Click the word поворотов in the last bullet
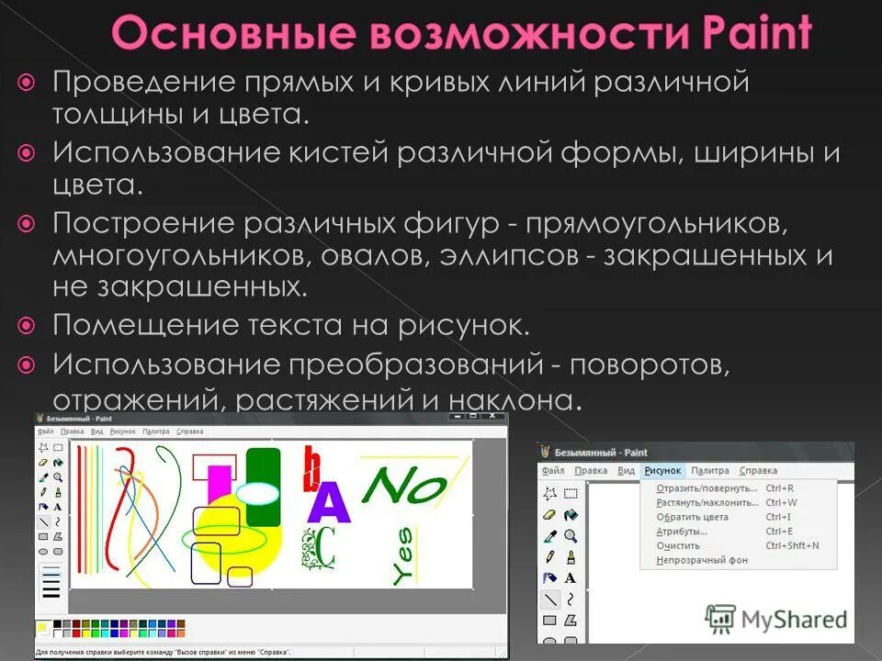coord(649,364)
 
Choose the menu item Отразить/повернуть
coord(707,488)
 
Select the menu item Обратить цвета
coord(692,517)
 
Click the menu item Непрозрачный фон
coord(701,560)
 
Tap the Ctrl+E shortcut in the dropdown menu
coord(778,532)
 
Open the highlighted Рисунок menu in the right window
coord(662,471)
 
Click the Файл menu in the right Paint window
coord(553,471)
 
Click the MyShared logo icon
coord(721,619)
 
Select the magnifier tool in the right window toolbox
coord(571,536)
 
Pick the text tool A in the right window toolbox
coord(571,577)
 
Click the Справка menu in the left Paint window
coord(190,431)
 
